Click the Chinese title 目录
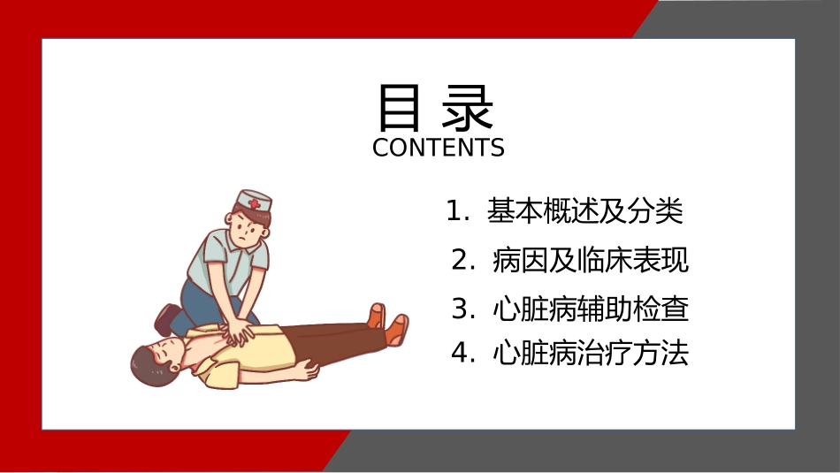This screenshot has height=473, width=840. click(436, 108)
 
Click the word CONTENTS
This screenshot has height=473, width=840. click(439, 148)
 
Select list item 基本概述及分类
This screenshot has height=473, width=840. click(585, 210)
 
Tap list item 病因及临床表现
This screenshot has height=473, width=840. click(591, 260)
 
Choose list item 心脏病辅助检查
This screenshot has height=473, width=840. click(591, 309)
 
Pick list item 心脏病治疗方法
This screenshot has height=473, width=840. click(591, 354)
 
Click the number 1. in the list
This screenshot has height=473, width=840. click(457, 211)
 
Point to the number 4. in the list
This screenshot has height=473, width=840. click(463, 354)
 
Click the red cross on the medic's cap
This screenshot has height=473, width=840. click(254, 203)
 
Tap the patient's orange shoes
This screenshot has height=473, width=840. click(389, 323)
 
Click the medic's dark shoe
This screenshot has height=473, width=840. click(167, 318)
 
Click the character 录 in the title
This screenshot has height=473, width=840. click(467, 108)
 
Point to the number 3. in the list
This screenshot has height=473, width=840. click(463, 309)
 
